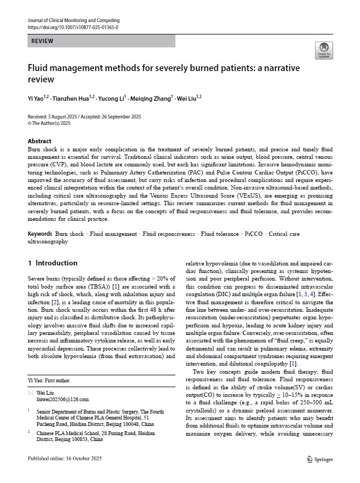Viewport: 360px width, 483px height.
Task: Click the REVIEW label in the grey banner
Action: pyautogui.click(x=43, y=41)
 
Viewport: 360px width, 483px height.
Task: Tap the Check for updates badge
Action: pyautogui.click(x=324, y=50)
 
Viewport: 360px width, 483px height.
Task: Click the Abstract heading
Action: pyautogui.click(x=40, y=141)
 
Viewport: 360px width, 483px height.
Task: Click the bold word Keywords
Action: pyautogui.click(x=40, y=234)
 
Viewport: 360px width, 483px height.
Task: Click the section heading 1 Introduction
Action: pyautogui.click(x=53, y=263)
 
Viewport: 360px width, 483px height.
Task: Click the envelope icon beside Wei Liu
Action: pyautogui.click(x=30, y=393)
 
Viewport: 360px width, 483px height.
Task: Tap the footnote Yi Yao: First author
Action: pyautogui.click(x=49, y=380)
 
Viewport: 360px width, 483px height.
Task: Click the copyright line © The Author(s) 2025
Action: pyautogui.click(x=49, y=123)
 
